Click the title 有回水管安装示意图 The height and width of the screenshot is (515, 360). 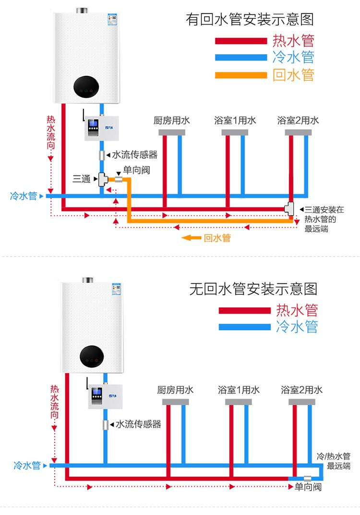click(250, 20)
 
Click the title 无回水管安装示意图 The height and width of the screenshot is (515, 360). click(253, 289)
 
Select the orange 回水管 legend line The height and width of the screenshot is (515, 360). click(240, 75)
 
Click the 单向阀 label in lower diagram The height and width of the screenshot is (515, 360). click(308, 487)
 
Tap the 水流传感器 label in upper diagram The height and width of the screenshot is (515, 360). click(134, 155)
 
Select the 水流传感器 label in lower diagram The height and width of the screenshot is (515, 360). click(138, 424)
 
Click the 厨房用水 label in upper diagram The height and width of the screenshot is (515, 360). click(171, 120)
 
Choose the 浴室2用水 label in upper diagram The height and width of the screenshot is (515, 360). click(298, 120)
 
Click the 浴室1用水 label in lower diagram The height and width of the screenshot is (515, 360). click(239, 389)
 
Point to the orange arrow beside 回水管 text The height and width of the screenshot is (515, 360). click(191, 237)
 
